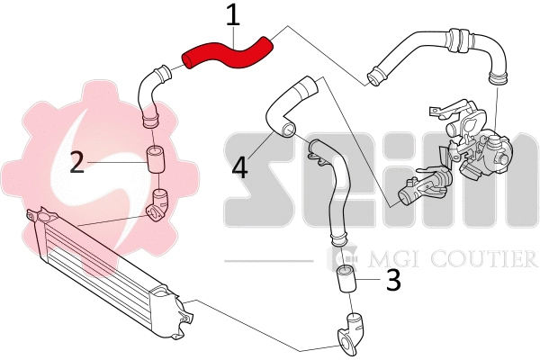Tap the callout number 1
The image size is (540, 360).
(x=233, y=15)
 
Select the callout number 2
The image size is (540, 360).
(x=77, y=162)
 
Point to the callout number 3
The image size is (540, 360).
(x=392, y=281)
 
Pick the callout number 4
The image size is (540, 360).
(x=238, y=167)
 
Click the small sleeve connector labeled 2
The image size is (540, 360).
(x=154, y=160)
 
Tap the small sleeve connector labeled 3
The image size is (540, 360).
(x=346, y=281)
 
